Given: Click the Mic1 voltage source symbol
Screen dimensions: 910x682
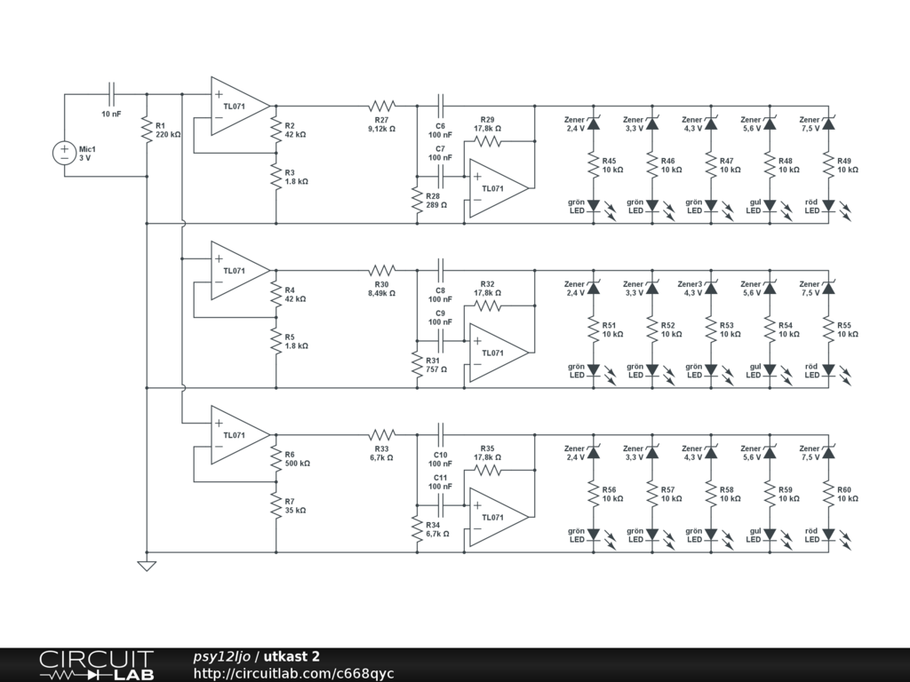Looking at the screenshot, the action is (64, 153).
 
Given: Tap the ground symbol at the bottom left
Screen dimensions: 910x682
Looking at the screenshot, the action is (147, 566).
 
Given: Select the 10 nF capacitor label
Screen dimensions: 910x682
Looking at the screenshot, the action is (111, 115).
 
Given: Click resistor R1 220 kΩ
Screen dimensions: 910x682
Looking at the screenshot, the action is (147, 130).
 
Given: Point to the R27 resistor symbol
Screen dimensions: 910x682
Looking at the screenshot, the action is (382, 107).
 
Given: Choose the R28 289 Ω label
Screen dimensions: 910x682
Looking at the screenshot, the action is (436, 201).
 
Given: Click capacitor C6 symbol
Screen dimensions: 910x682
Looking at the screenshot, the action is (441, 107).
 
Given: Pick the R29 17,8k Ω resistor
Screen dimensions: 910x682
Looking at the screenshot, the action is (488, 141).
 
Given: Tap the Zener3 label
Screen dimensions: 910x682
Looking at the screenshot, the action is (690, 284).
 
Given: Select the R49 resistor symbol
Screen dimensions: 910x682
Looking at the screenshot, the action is (828, 164).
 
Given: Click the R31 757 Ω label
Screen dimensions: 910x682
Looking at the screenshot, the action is (436, 365).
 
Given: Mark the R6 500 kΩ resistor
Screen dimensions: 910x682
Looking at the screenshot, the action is (275, 458).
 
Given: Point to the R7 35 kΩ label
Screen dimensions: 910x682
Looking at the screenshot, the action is (295, 505).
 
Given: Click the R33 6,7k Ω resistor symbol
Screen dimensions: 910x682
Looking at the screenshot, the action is (382, 435).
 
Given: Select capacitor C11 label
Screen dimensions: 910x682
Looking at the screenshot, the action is (441, 482).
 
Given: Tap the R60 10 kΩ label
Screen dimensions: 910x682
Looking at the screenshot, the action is (847, 494).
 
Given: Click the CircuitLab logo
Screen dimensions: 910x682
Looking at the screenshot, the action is (96, 665).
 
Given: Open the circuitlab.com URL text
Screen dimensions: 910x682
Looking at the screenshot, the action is (293, 673).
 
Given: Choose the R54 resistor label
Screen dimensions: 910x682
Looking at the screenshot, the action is (786, 325).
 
